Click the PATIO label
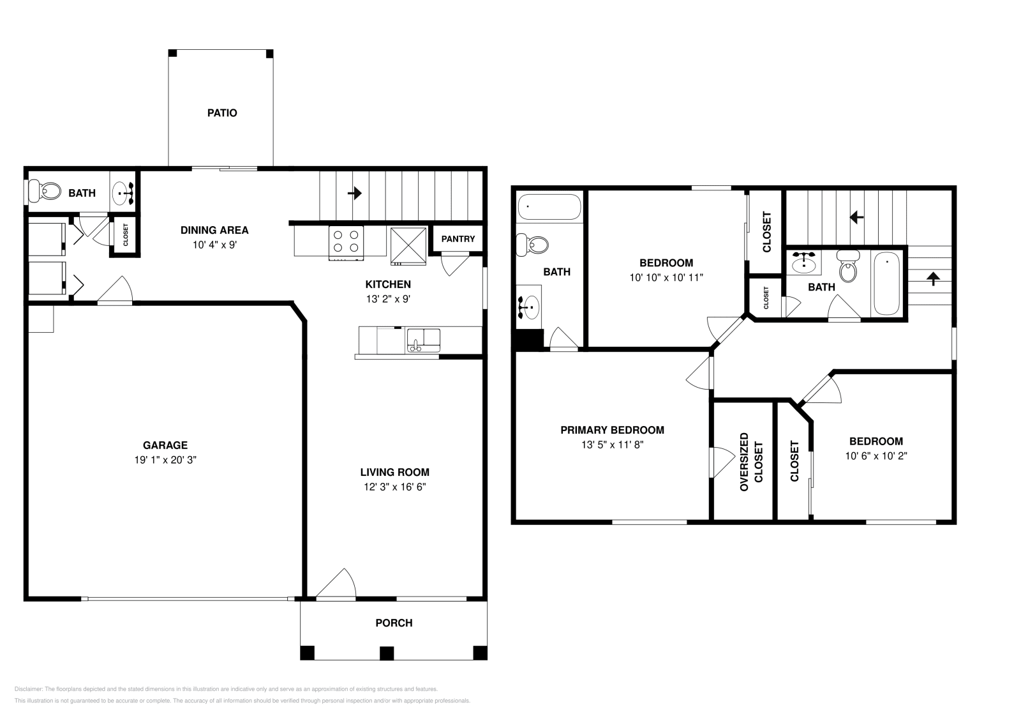(222, 112)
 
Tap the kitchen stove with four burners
(346, 243)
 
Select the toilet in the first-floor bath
(45, 191)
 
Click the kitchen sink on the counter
(424, 340)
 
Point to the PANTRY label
(458, 239)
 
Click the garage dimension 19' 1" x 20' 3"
(165, 460)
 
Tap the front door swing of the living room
(336, 582)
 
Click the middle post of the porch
(387, 653)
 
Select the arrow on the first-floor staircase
(355, 194)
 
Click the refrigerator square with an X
(408, 245)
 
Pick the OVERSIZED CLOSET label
(751, 462)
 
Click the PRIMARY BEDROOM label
(612, 430)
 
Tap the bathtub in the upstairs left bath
(549, 207)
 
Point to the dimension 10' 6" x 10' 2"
(876, 455)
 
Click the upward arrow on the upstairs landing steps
(933, 278)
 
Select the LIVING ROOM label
(395, 472)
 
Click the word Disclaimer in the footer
(28, 689)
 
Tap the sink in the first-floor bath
(123, 194)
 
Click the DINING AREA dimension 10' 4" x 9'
(214, 245)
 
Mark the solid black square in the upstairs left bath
(529, 339)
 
